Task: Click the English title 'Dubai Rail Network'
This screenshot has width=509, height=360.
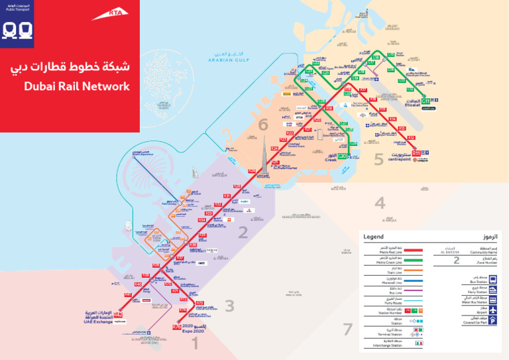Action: click(x=76, y=87)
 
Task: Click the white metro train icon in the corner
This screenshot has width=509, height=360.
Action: click(x=17, y=30)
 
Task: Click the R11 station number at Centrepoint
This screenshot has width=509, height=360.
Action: click(x=416, y=154)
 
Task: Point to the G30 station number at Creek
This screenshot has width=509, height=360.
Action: click(x=343, y=156)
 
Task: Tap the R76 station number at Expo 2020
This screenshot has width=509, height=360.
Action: click(x=176, y=327)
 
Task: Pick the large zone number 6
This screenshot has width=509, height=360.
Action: click(x=263, y=124)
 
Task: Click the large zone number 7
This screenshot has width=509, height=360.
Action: click(x=347, y=329)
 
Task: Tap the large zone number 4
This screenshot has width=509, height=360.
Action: click(x=380, y=204)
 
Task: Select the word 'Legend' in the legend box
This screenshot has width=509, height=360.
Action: click(x=373, y=237)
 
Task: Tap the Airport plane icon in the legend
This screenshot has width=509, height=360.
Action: click(x=492, y=310)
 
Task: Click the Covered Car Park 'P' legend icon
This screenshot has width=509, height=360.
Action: click(x=492, y=320)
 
